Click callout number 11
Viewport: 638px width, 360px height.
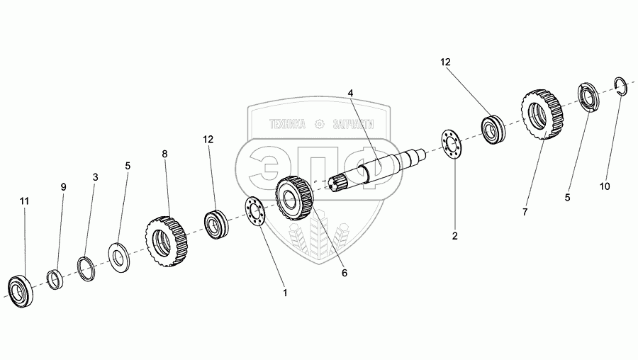coord(24,202)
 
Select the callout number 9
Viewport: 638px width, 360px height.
coord(63,186)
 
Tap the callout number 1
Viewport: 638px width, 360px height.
coord(285,292)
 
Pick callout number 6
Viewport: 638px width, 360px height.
coord(345,273)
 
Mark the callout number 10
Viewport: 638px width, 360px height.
coord(604,187)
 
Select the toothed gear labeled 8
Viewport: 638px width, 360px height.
coord(167,241)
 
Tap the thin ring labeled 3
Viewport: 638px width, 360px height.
coord(86,268)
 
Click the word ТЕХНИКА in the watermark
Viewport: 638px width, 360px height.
coord(286,125)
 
